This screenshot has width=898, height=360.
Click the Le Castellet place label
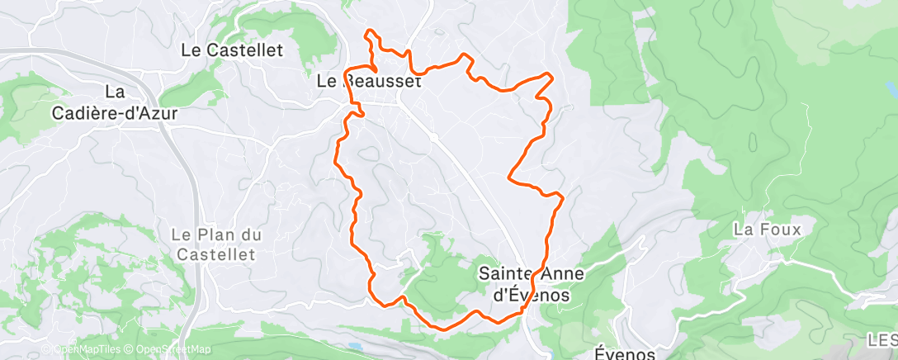point(232,50)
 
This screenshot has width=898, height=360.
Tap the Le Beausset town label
point(369,82)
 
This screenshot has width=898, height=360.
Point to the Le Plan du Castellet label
point(217,244)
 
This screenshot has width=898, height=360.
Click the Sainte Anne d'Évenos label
point(526,282)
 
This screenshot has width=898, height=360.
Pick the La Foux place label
point(767,230)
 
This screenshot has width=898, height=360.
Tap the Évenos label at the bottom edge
point(625,353)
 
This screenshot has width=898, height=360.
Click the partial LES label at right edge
point(882,339)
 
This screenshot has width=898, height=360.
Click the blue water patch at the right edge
point(891,88)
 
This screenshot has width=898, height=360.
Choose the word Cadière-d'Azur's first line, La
point(115,91)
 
